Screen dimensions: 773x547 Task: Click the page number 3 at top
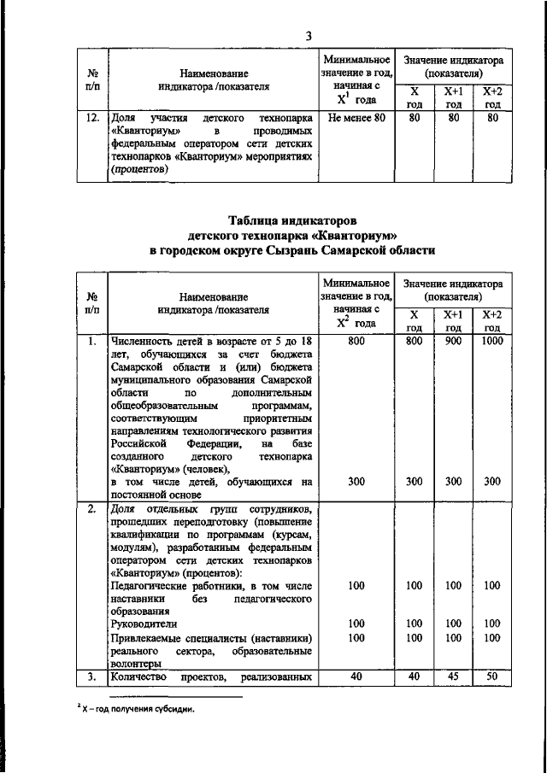(x=309, y=35)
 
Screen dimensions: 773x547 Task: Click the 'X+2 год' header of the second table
(x=491, y=320)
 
